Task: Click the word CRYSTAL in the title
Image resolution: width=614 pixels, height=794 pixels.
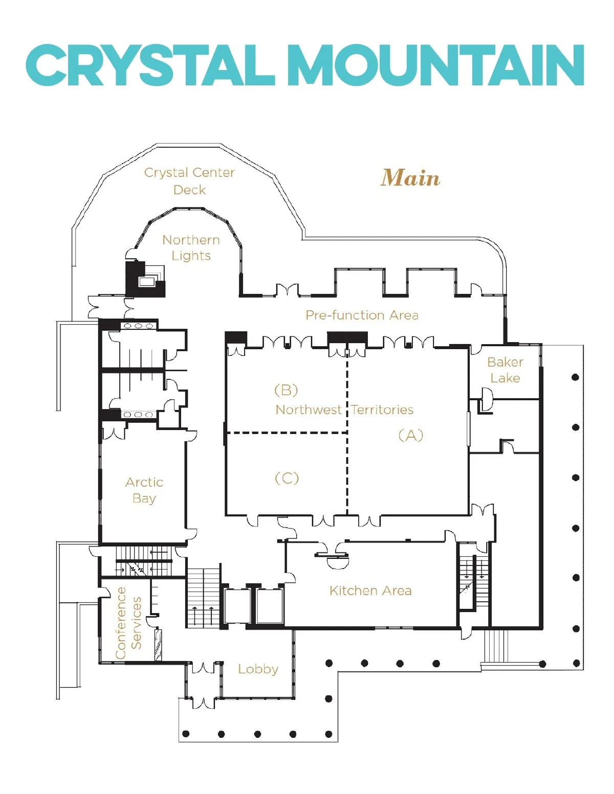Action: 150,65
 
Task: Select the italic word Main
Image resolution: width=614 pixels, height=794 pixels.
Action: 410,177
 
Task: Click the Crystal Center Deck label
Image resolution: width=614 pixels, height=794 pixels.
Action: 189,181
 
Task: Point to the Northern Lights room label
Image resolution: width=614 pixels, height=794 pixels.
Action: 191,248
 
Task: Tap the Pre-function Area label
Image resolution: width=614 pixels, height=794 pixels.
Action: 362,315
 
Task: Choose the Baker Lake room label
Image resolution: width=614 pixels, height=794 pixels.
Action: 506,370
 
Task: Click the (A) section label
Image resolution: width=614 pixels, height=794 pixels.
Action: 411,435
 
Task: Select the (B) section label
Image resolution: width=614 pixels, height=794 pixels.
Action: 286,390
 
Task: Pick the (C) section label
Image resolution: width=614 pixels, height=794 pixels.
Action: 287,478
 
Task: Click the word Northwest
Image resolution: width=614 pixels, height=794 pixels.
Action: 309,410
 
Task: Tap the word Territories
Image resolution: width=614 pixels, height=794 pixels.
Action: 382,410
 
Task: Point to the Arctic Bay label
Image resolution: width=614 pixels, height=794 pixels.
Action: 144,490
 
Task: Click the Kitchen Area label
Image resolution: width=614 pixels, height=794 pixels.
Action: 370,591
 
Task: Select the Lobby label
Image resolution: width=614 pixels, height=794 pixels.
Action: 258,669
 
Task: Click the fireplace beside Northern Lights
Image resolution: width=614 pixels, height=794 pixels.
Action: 145,279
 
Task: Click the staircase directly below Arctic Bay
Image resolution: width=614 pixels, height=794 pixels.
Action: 143,561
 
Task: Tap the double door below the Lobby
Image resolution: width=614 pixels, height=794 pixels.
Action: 203,702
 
